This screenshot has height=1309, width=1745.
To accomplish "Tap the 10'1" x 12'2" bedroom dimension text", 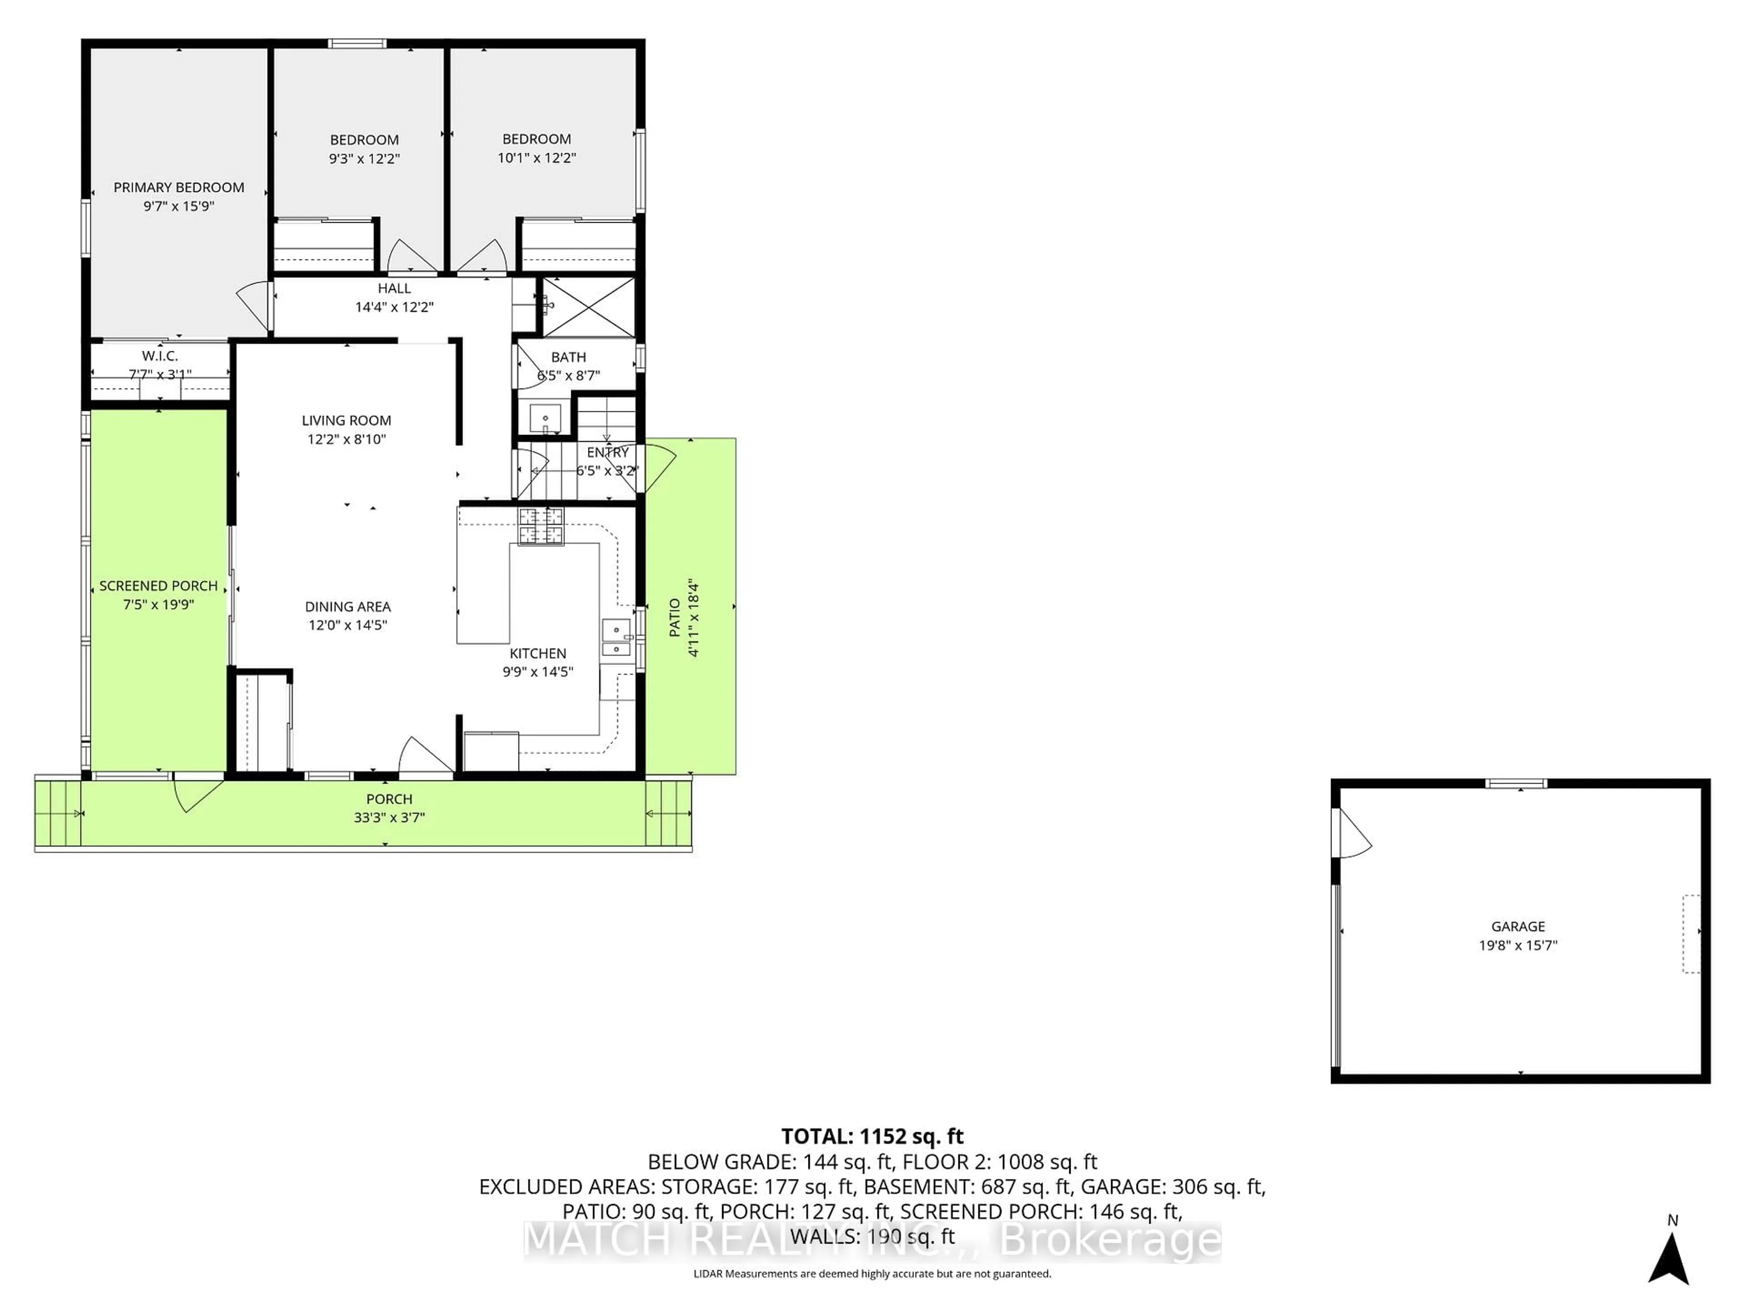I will point(536,158).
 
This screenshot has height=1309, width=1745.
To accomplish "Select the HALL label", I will point(394,289).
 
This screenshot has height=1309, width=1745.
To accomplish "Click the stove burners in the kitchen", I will point(541,526).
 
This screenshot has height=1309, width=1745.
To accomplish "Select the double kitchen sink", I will point(615,638).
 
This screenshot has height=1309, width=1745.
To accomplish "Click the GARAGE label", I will point(1518,926).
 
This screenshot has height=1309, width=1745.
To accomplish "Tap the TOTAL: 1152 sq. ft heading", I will point(872,1136).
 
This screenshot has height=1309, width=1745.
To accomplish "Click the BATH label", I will point(568,357).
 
